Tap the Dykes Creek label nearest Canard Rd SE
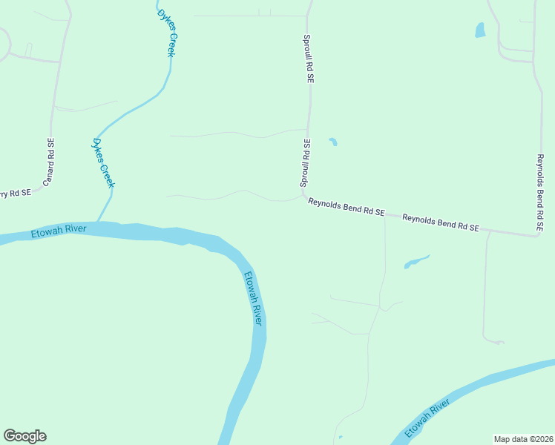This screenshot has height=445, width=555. [103, 162]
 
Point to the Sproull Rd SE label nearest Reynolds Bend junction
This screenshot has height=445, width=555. [305, 162]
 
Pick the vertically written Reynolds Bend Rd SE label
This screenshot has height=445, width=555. [540, 191]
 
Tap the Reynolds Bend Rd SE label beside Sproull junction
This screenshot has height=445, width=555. [346, 207]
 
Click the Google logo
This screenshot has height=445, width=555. [24, 436]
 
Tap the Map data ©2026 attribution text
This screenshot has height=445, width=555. [523, 438]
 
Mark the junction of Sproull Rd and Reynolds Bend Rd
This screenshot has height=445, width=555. [303, 194]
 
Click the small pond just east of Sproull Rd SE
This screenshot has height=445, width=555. [333, 142]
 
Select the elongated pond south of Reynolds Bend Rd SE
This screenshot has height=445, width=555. [416, 262]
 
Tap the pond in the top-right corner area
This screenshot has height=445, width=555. [479, 30]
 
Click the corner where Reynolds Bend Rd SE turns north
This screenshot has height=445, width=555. [536, 236]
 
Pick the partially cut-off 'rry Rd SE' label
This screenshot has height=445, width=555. [16, 194]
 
